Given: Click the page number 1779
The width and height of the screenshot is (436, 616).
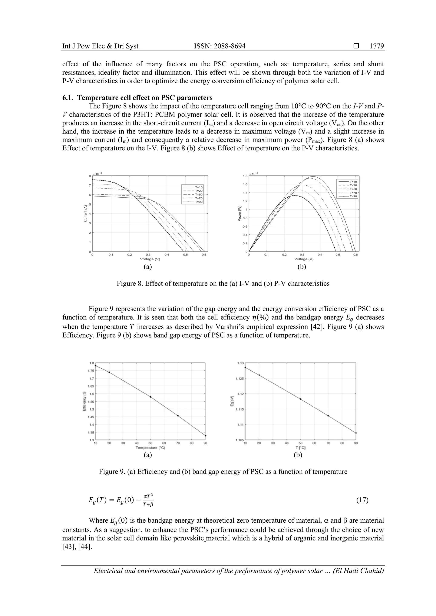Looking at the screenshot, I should [x=377, y=46].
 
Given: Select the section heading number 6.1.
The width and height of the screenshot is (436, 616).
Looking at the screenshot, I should [x=68, y=97].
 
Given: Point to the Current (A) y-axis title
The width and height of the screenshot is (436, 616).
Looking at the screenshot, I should [x=85, y=214].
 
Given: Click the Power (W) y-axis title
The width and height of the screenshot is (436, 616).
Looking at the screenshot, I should [x=239, y=214].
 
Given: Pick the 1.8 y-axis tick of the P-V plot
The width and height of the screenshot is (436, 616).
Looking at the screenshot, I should [x=245, y=176].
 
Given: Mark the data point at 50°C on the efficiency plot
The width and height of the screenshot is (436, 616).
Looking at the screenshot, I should [x=150, y=397].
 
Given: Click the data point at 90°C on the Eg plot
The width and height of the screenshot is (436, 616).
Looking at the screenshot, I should [x=356, y=433].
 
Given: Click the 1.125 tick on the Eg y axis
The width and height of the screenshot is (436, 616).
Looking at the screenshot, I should [x=240, y=379].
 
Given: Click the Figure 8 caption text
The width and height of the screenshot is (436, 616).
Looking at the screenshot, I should [x=223, y=284].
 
